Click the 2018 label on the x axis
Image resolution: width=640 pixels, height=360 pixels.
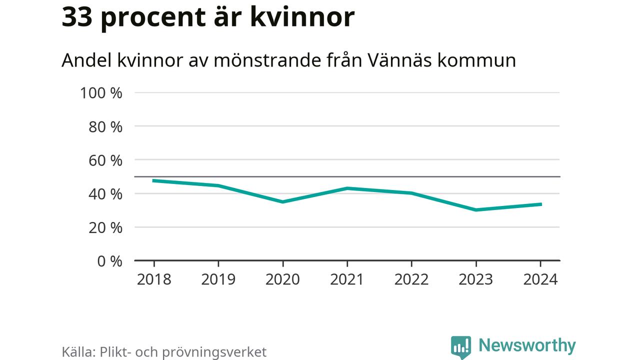point(154,279)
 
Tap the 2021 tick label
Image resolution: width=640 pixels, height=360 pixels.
point(347,279)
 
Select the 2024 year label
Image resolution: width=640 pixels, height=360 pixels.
point(540,279)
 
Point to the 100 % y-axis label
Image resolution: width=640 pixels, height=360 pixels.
point(101,93)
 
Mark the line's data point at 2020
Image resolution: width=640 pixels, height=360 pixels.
point(283,201)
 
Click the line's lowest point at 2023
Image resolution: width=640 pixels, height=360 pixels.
point(476,209)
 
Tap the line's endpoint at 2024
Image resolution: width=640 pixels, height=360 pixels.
point(540,204)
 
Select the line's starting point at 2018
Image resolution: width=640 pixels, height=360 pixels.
point(154,180)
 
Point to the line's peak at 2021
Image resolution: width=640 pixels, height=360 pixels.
point(347,188)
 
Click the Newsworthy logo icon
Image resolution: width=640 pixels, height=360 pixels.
point(460,346)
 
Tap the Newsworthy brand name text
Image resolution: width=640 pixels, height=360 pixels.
point(527,345)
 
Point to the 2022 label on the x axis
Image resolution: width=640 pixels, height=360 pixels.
point(411,279)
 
